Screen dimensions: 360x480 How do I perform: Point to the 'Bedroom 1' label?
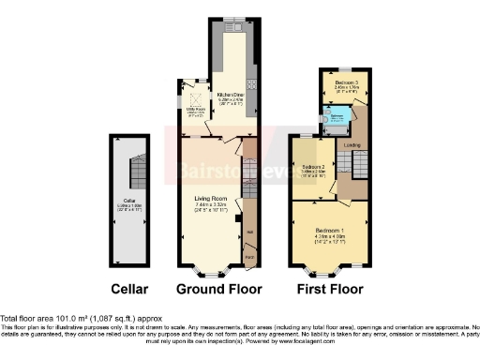327,230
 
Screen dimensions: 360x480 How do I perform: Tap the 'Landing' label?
352,144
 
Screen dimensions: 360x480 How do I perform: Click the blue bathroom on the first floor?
337,117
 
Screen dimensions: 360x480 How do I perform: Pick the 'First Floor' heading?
329,289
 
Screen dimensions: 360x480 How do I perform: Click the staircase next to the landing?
345,165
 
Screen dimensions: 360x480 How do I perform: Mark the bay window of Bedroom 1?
327,272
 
